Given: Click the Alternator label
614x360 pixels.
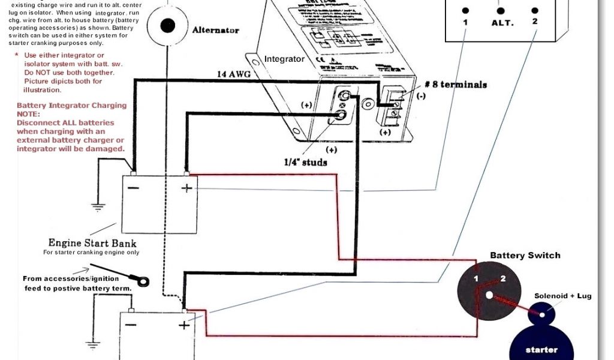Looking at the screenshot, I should click(x=215, y=30).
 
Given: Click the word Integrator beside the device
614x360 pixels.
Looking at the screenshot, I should click(x=284, y=59).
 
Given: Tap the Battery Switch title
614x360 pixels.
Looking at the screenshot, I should click(x=525, y=255).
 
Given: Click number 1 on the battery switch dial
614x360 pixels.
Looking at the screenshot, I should click(x=476, y=279).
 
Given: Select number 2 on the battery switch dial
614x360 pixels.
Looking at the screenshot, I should click(x=502, y=278).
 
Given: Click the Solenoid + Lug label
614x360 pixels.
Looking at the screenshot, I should click(x=562, y=296).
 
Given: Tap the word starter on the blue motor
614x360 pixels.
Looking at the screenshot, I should click(x=541, y=349).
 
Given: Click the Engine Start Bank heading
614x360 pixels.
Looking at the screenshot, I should click(x=92, y=243).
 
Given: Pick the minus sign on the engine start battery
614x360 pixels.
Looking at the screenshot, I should click(x=134, y=188).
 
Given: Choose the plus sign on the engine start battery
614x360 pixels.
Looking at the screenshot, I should click(x=186, y=188).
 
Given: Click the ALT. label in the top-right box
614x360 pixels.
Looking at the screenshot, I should click(x=502, y=22).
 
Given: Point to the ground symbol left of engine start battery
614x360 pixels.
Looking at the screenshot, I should click(x=98, y=206).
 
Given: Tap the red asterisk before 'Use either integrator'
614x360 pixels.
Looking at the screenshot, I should click(x=16, y=55).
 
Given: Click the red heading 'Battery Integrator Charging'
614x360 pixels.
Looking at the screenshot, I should click(x=71, y=105).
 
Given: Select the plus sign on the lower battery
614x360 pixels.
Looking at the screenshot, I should click(x=183, y=325).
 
